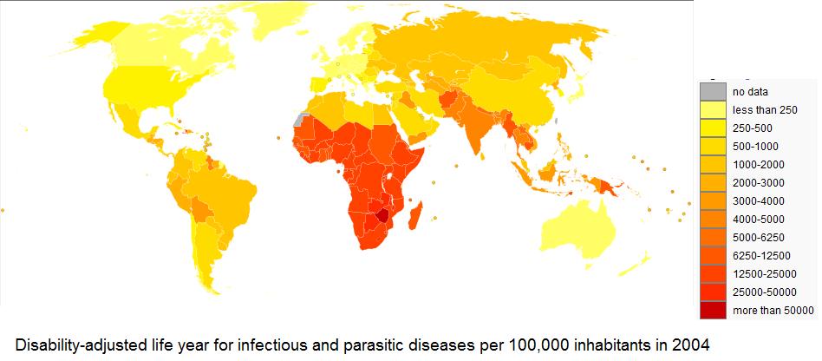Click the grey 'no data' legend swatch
[713, 91]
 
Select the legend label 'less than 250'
[764, 109]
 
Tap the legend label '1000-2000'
[757, 164]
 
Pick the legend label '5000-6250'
[757, 237]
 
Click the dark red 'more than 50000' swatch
[713, 310]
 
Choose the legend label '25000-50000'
[763, 292]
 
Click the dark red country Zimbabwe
[380, 213]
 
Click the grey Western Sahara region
[301, 120]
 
